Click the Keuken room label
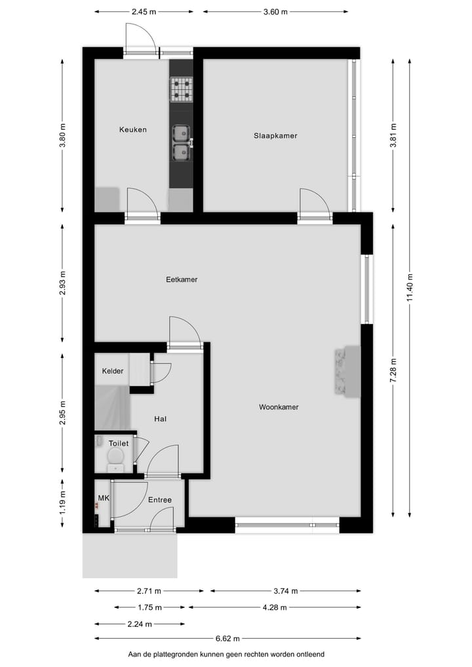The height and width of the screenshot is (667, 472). coord(132,129)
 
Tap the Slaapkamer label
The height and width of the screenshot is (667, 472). coord(275,136)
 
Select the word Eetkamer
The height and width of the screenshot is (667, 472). coord(182,279)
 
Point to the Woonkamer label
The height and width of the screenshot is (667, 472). coord(279,407)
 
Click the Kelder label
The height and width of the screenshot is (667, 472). coord(113,371)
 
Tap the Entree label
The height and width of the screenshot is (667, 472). coord(159,500)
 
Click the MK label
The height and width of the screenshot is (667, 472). coord(103,498)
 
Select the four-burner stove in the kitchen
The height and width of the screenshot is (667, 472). coord(182,90)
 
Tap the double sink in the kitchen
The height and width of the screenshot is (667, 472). coord(181,143)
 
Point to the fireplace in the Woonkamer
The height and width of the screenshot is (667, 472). coord(347,371)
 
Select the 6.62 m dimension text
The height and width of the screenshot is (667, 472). coord(227,639)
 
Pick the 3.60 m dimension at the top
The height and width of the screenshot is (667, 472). coord(275,11)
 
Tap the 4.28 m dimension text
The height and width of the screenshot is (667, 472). coord(274,607)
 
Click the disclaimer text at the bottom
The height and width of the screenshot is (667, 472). coord(226,655)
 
